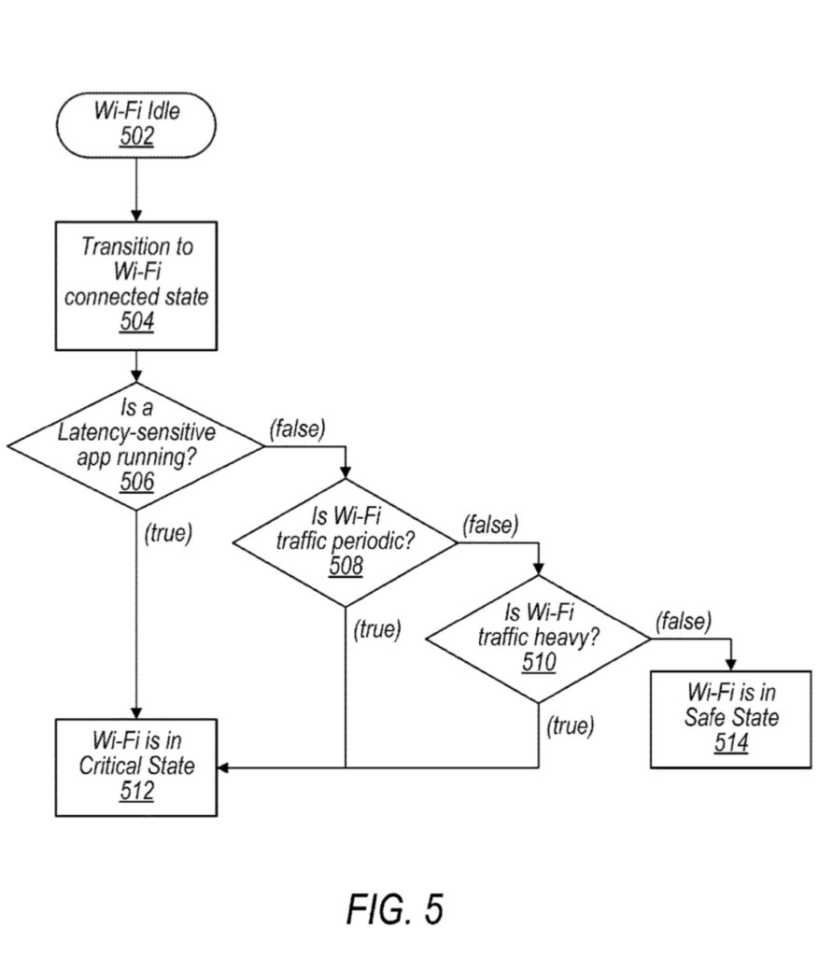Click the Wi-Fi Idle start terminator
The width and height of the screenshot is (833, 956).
click(x=136, y=124)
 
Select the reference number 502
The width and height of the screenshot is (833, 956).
click(x=136, y=136)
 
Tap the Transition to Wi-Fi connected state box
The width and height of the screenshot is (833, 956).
click(x=136, y=285)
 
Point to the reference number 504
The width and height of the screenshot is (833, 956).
click(x=136, y=322)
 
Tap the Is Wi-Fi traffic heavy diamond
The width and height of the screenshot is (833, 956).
click(x=539, y=638)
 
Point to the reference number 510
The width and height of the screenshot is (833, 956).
click(x=539, y=663)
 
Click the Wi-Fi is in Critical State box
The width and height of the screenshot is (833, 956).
click(x=136, y=766)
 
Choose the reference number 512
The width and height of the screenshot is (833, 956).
click(x=136, y=791)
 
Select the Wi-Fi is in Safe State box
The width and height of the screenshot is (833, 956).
click(x=731, y=719)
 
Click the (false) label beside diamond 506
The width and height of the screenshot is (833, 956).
click(x=297, y=429)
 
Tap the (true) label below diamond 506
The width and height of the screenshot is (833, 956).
click(x=168, y=534)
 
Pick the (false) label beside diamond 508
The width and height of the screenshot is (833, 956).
click(x=489, y=525)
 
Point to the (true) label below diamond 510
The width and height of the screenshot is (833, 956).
click(x=570, y=725)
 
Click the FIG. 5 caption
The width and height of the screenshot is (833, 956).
click(x=395, y=907)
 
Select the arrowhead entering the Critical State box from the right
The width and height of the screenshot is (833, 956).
click(x=224, y=767)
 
